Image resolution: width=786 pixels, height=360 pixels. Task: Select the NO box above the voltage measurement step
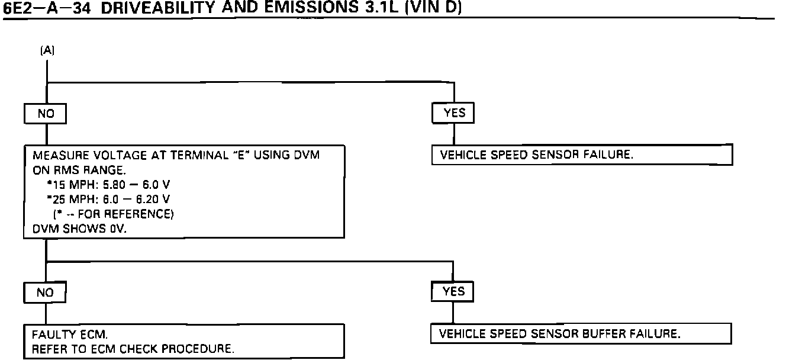coord(45,113)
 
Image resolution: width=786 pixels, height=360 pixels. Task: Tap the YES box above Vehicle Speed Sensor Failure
coord(454,112)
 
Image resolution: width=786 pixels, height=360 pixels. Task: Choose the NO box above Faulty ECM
coord(45,292)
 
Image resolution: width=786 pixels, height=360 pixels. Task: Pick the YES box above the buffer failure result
coord(454,291)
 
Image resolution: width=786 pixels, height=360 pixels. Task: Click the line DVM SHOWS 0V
coord(77,229)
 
